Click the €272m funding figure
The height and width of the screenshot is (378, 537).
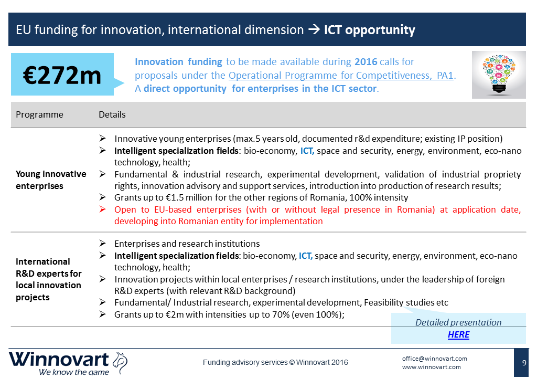click(62, 75)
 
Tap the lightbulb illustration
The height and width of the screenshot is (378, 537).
click(499, 75)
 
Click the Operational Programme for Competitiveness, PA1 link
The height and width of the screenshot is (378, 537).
click(341, 75)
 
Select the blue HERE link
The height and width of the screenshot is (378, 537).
click(458, 334)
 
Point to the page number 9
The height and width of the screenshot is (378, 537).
click(524, 363)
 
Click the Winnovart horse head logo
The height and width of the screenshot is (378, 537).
click(120, 362)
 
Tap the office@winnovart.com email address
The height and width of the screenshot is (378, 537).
click(434, 359)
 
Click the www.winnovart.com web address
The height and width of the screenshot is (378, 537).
click(431, 367)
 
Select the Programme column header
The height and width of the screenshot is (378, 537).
click(39, 114)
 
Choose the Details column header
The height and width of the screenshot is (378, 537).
click(112, 114)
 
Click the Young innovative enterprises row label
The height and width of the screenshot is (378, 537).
click(51, 180)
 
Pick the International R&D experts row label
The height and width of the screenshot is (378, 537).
click(48, 279)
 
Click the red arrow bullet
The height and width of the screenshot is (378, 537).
click(102, 209)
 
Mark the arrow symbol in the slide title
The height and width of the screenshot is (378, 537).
click(314, 30)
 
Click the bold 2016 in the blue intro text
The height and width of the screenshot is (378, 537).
click(366, 62)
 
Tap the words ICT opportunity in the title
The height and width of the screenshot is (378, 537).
click(370, 30)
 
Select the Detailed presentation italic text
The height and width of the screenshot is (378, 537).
click(458, 322)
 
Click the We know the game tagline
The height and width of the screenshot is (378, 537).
click(73, 372)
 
